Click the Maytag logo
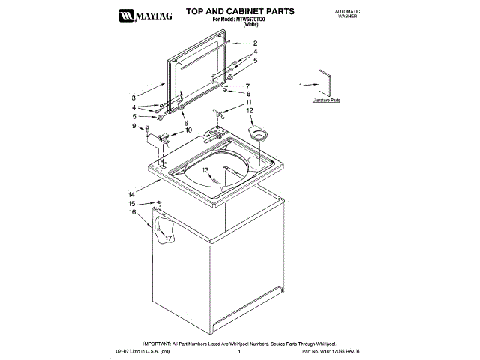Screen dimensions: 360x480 coord(147,14)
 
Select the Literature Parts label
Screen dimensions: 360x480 coord(326,100)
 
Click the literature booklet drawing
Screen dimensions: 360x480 coord(325,82)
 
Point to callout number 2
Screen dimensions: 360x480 coord(254,43)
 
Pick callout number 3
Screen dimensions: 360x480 coord(133,97)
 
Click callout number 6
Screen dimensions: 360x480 coord(185,122)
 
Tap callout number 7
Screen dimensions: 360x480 coord(247,85)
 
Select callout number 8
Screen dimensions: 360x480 coord(249,94)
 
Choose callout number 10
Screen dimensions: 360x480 coord(178,130)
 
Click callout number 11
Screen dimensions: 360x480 coord(249,102)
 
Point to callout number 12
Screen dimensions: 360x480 coord(249,110)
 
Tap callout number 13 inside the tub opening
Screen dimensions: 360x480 coord(205,171)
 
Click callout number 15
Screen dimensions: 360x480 coord(131,204)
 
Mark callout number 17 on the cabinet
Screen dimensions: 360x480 coord(169,238)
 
